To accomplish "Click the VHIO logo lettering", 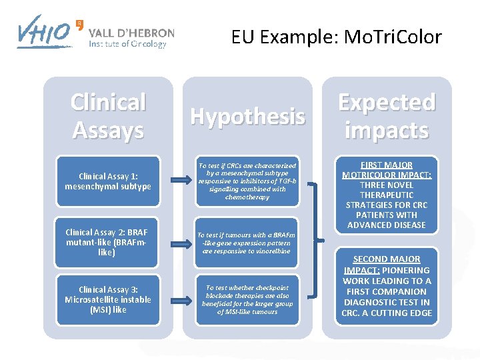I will pos(44,31).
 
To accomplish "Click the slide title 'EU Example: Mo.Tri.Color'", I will pos(336,37).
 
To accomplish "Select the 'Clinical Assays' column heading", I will pos(108,116).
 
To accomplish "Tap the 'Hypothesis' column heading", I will pos(247,116).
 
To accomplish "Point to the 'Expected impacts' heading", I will pos(387,116).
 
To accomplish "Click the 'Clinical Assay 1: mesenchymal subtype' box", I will pos(108,181).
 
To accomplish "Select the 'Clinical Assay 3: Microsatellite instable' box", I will pos(108,299).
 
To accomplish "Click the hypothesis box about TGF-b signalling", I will pos(247,181).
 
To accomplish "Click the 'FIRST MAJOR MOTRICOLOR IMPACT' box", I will pos(387,195).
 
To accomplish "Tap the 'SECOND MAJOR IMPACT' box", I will pos(387,286).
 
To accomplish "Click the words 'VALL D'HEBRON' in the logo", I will pos(131,33).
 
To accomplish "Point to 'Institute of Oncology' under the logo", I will pos(127,45).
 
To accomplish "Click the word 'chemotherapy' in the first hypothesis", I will pos(247,197).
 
